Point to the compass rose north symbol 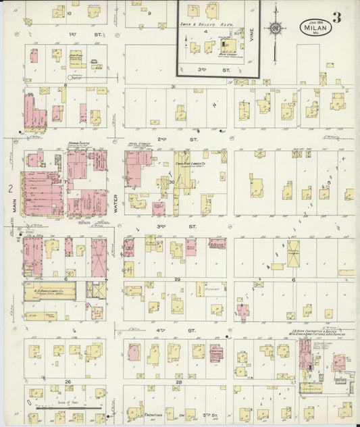point(274,28)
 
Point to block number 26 point(68,382)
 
